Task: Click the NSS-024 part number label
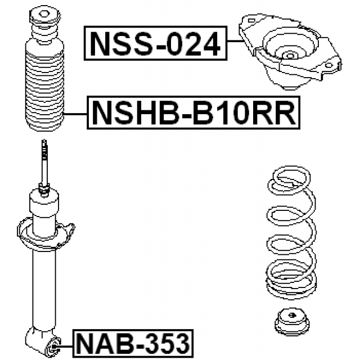[156, 43]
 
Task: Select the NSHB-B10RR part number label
[193, 112]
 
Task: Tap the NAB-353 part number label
[133, 344]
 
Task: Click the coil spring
[291, 232]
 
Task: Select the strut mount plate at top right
[290, 52]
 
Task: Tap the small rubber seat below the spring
[291, 322]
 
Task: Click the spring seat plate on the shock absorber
[46, 235]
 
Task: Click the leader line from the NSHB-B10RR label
[75, 114]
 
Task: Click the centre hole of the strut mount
[290, 56]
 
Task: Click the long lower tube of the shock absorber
[44, 289]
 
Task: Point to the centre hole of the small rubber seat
[292, 315]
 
